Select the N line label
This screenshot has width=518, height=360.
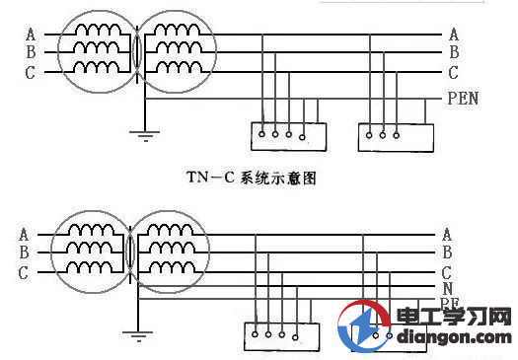click(449, 288)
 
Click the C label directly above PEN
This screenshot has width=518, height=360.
click(453, 73)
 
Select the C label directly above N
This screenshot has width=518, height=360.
click(449, 272)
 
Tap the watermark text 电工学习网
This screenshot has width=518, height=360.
click(453, 318)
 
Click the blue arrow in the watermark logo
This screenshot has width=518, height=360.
click(363, 328)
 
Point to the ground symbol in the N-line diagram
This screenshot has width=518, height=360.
click(137, 334)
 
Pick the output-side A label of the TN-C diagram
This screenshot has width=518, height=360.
click(453, 36)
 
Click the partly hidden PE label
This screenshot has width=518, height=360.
click(449, 302)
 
